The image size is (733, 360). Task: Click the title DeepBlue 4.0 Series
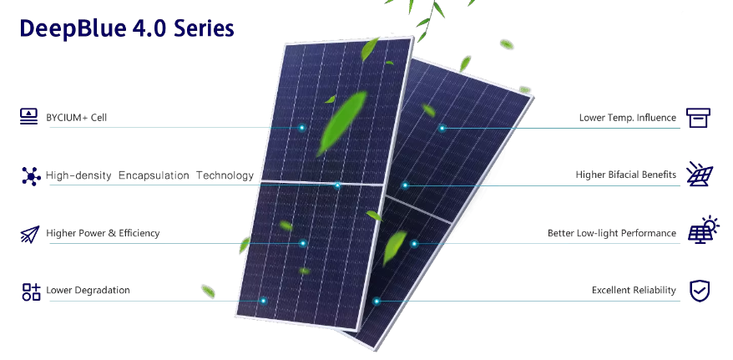pyautogui.click(x=127, y=28)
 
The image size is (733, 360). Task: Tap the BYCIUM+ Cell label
pyautogui.click(x=76, y=117)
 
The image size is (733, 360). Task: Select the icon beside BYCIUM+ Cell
pyautogui.click(x=29, y=116)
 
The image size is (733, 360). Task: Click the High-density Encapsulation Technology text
pyautogui.click(x=149, y=175)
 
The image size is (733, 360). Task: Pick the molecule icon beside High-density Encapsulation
pyautogui.click(x=32, y=176)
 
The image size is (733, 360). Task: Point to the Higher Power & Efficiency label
pyautogui.click(x=103, y=233)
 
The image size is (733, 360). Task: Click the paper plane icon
pyautogui.click(x=30, y=234)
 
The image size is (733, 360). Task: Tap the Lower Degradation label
pyautogui.click(x=88, y=291)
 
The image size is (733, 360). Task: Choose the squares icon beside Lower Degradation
pyautogui.click(x=32, y=292)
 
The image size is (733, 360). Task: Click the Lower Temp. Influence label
pyautogui.click(x=628, y=118)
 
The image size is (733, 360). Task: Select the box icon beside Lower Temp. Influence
pyautogui.click(x=699, y=118)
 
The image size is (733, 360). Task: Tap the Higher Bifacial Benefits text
pyautogui.click(x=626, y=175)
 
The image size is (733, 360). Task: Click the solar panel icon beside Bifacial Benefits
pyautogui.click(x=700, y=174)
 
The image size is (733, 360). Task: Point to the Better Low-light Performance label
pyautogui.click(x=612, y=233)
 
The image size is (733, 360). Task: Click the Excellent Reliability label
pyautogui.click(x=634, y=291)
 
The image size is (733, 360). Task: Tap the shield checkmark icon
pyautogui.click(x=700, y=291)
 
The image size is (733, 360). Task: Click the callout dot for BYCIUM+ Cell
pyautogui.click(x=302, y=127)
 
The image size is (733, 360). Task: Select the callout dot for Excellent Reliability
pyautogui.click(x=377, y=302)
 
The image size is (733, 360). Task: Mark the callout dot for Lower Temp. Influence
pyautogui.click(x=442, y=128)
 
